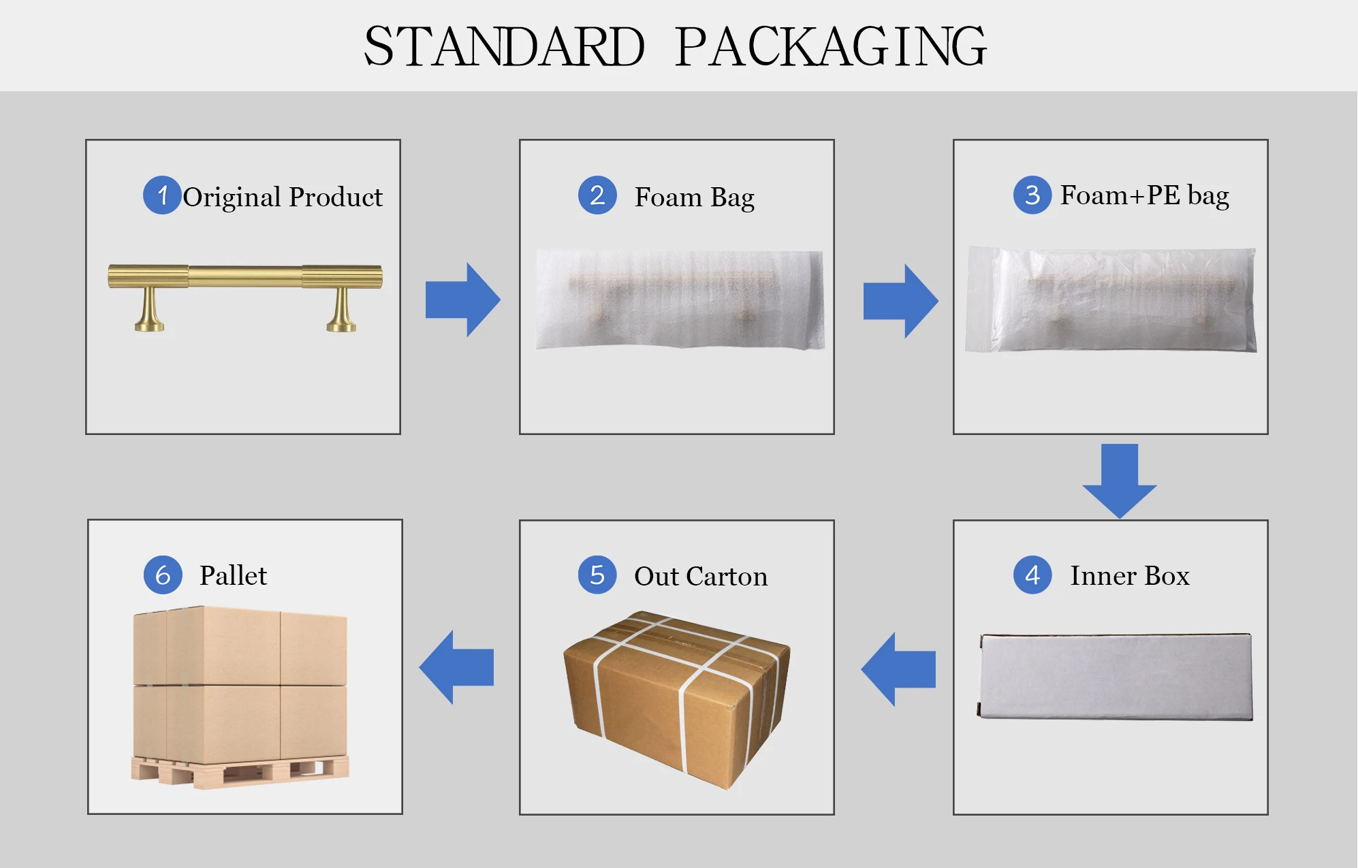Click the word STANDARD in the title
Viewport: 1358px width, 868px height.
pos(504,46)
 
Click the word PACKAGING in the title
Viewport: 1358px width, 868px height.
pos(831,46)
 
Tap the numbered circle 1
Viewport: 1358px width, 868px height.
pos(162,195)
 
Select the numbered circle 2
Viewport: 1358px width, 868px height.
pos(597,195)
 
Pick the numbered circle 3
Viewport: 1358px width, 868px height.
pos(1032,195)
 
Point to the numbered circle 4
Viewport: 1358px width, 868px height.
pos(1032,575)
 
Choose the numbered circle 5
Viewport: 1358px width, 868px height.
pos(597,575)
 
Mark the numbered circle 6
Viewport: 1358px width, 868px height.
pos(163,575)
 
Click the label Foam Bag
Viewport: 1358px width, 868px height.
pos(694,197)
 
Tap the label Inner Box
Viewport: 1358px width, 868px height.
pos(1129,576)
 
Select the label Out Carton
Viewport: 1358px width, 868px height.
pos(700,577)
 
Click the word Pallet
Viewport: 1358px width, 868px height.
pos(233,576)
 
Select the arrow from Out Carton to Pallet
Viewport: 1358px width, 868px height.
pos(456,667)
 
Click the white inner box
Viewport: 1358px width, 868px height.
pos(1116,676)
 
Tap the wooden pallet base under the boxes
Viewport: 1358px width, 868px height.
pos(240,772)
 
